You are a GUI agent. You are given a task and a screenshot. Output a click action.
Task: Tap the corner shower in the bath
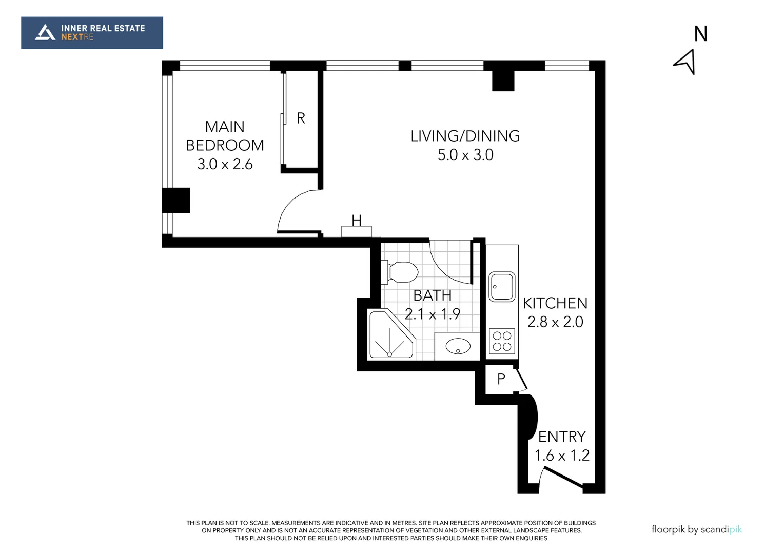[x=390, y=334]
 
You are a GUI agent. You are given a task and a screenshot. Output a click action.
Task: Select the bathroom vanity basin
[x=458, y=346]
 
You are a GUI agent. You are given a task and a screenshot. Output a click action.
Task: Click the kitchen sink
[x=501, y=287]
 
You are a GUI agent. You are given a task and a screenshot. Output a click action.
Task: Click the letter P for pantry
[x=501, y=379]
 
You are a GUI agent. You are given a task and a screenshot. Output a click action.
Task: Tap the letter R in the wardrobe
[x=301, y=118]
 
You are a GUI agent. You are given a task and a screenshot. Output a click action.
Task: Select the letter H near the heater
[x=357, y=221]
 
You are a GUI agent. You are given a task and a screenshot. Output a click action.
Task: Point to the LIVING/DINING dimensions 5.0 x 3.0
[x=465, y=155]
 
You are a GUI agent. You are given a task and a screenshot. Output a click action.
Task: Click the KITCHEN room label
[x=555, y=303]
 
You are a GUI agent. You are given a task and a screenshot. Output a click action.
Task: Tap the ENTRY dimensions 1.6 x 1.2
[x=562, y=456]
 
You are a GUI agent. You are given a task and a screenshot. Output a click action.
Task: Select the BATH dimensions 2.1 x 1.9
[x=432, y=314]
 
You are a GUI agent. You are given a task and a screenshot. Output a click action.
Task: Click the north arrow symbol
[x=685, y=62]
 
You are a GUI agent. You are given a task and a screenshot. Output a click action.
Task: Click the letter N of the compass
[x=701, y=34]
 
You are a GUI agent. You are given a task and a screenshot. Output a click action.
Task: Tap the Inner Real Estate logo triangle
[x=45, y=33]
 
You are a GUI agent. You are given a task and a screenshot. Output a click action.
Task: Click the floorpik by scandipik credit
[x=697, y=529]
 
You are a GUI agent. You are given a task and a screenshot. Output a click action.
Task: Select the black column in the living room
[x=503, y=81]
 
